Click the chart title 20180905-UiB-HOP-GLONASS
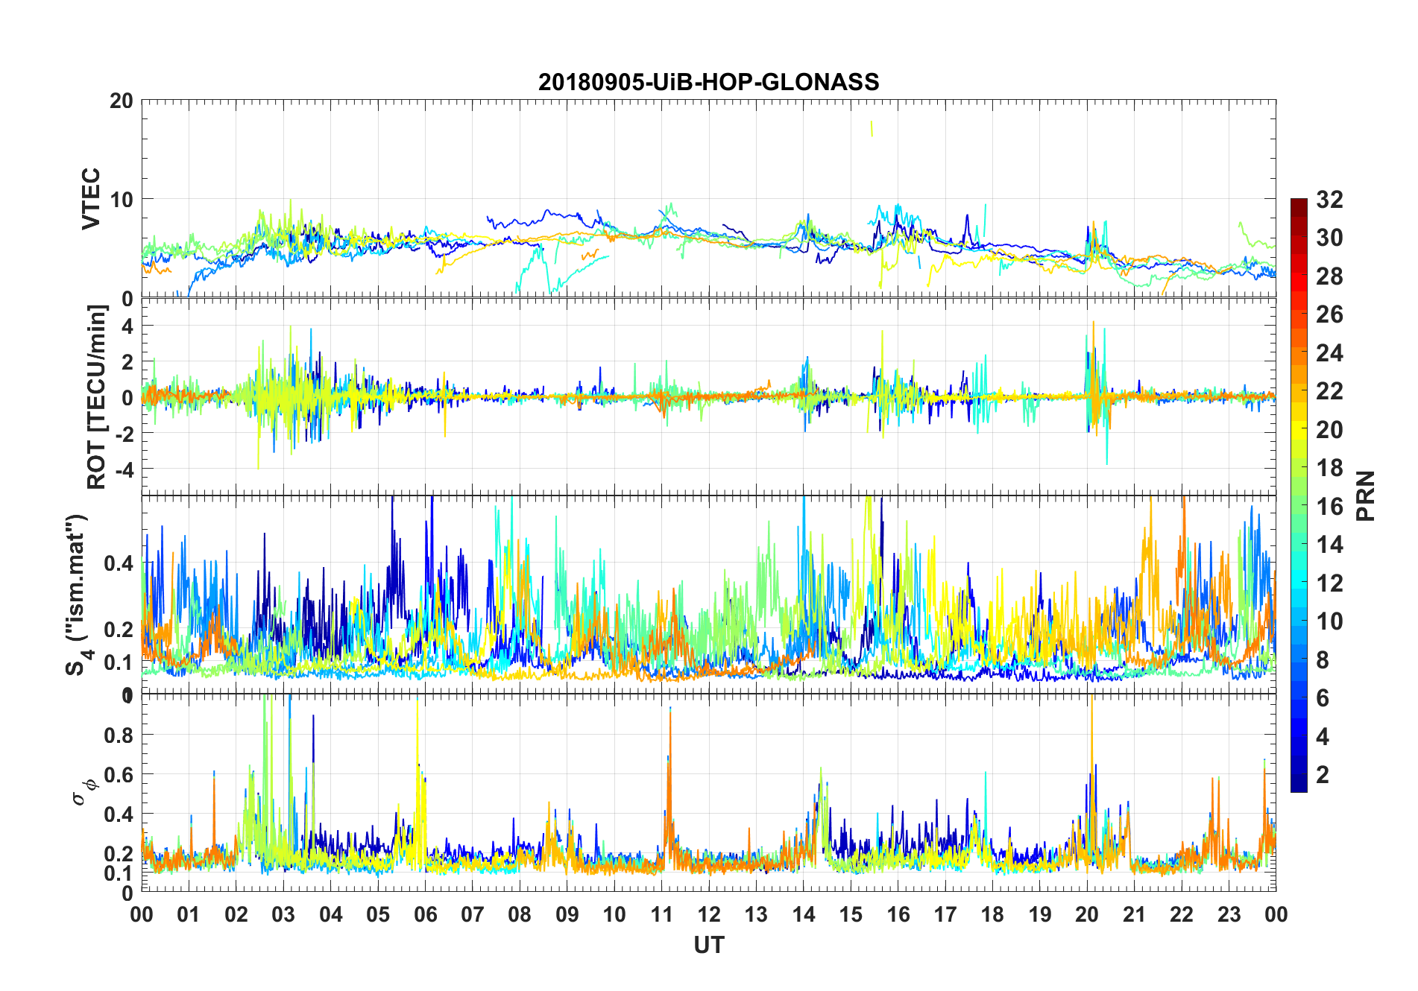(708, 82)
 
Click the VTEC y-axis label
(91, 199)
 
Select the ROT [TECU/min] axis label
(97, 396)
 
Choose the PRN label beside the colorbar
(1365, 495)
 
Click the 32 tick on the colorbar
(1329, 199)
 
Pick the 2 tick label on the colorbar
(1323, 774)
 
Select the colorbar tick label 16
(1329, 507)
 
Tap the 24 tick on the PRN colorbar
(1329, 352)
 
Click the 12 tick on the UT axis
(708, 914)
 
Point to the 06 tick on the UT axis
(425, 914)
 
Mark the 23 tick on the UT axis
(1229, 914)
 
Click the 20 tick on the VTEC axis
(121, 101)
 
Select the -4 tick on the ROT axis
(121, 469)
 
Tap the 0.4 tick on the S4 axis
(119, 563)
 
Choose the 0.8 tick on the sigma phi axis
(119, 735)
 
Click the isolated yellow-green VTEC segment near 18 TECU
(872, 129)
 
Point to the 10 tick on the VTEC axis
(121, 199)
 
